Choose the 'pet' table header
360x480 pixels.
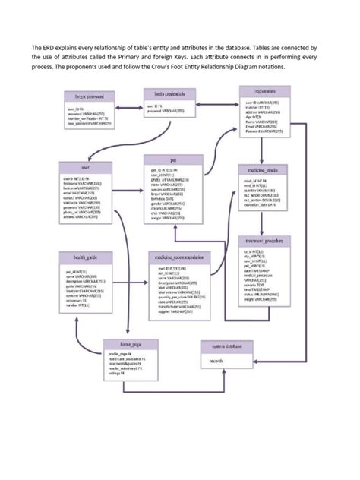click(x=173, y=161)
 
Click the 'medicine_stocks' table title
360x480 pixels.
click(x=261, y=169)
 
